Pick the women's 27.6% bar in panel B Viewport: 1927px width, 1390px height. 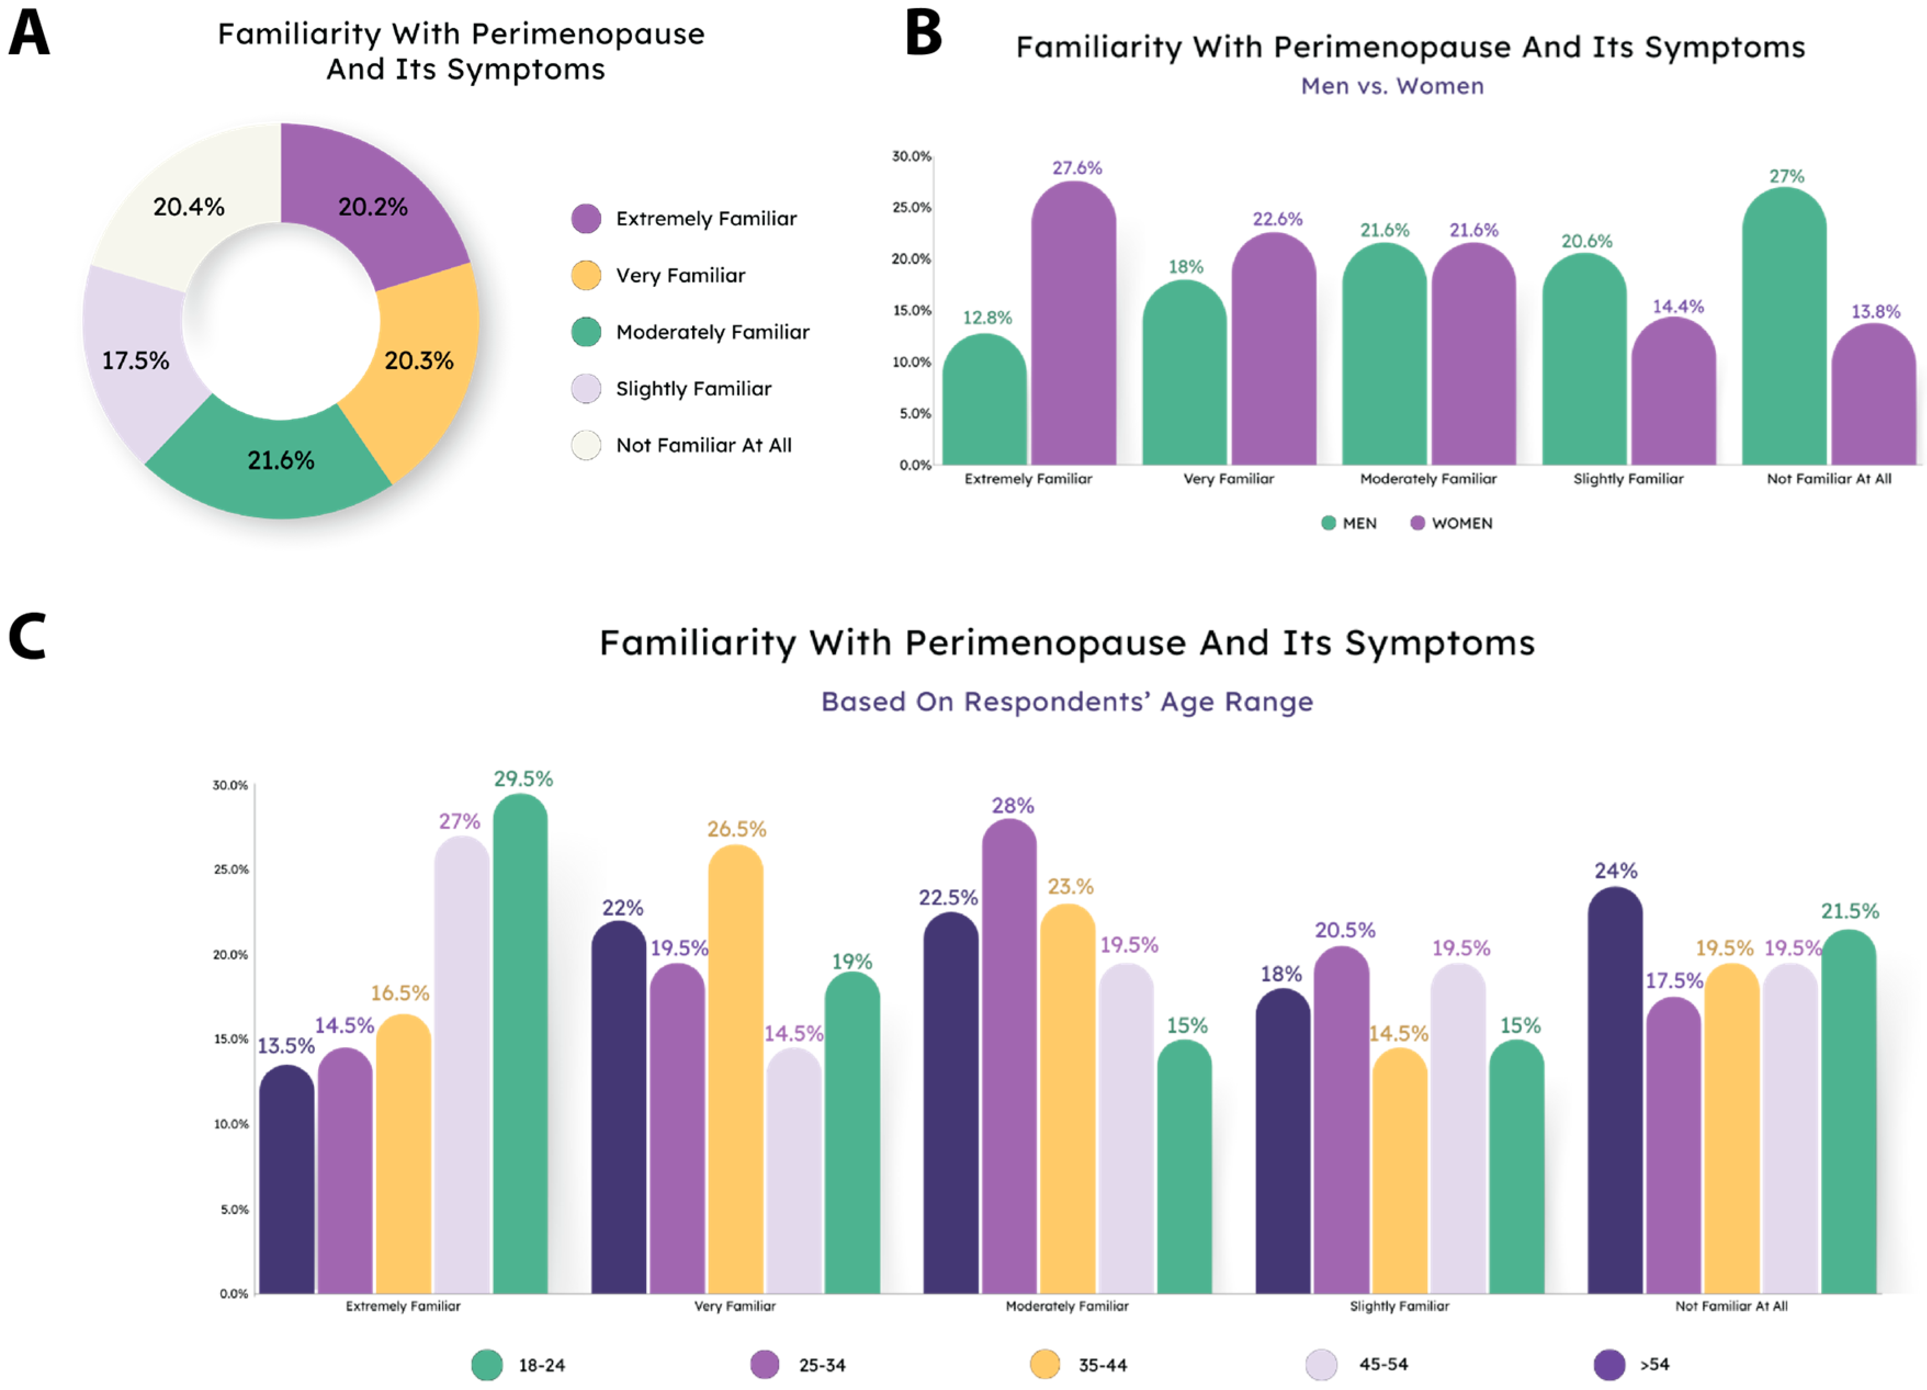pos(1073,323)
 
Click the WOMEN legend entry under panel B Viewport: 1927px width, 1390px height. pos(1451,523)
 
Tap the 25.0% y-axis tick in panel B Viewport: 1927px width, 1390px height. pos(912,207)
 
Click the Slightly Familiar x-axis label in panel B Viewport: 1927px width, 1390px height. pos(1628,478)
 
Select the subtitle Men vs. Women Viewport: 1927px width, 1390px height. pos(1393,86)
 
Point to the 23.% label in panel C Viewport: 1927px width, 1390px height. pos(1071,887)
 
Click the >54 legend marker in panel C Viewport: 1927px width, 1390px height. pos(1609,1365)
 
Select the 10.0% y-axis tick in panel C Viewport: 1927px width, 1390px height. pos(230,1124)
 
